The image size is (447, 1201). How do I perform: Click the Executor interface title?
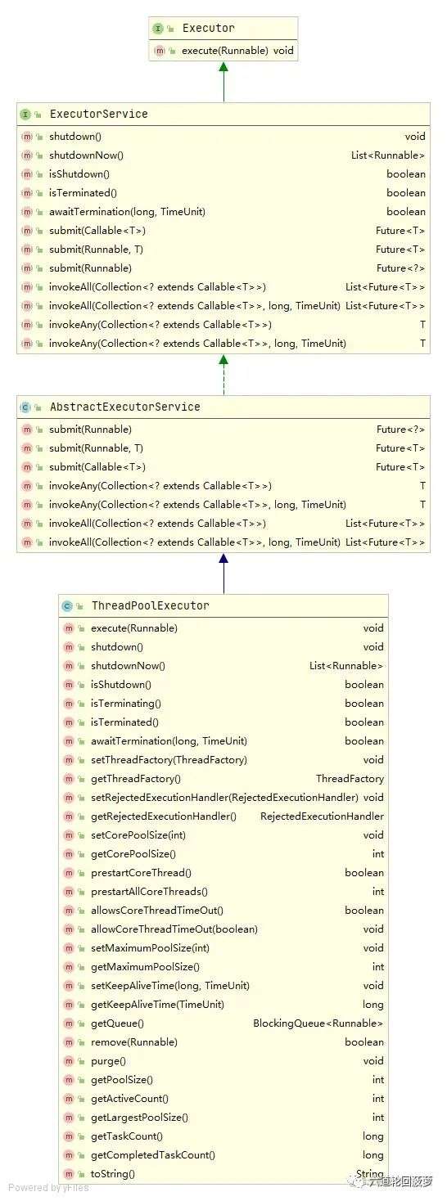tap(208, 28)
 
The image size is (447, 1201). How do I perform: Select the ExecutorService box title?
tap(98, 114)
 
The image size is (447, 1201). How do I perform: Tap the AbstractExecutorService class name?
tap(124, 407)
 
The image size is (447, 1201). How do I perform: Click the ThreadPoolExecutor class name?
tap(151, 606)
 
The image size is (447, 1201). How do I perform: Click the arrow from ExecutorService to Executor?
tap(223, 82)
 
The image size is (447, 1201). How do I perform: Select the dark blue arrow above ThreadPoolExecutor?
tap(223, 574)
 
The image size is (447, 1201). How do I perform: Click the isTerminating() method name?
tap(126, 704)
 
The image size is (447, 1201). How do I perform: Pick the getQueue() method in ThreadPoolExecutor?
tap(118, 1023)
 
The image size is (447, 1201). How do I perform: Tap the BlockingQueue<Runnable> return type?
tap(318, 1023)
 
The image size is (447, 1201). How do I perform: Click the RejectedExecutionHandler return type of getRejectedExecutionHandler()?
tap(322, 816)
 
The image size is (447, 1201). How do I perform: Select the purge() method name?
tap(108, 1061)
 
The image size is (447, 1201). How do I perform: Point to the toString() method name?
tap(113, 1174)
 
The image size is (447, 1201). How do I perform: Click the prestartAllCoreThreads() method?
tap(149, 892)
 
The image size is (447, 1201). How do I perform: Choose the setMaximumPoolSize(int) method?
tap(151, 948)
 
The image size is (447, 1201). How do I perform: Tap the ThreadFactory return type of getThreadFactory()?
tap(350, 779)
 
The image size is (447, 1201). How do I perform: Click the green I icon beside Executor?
tap(158, 29)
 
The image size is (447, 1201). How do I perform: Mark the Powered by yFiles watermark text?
tap(48, 1188)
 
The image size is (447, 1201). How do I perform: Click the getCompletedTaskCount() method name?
tap(153, 1155)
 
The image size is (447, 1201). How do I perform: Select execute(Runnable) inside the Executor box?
tap(225, 51)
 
